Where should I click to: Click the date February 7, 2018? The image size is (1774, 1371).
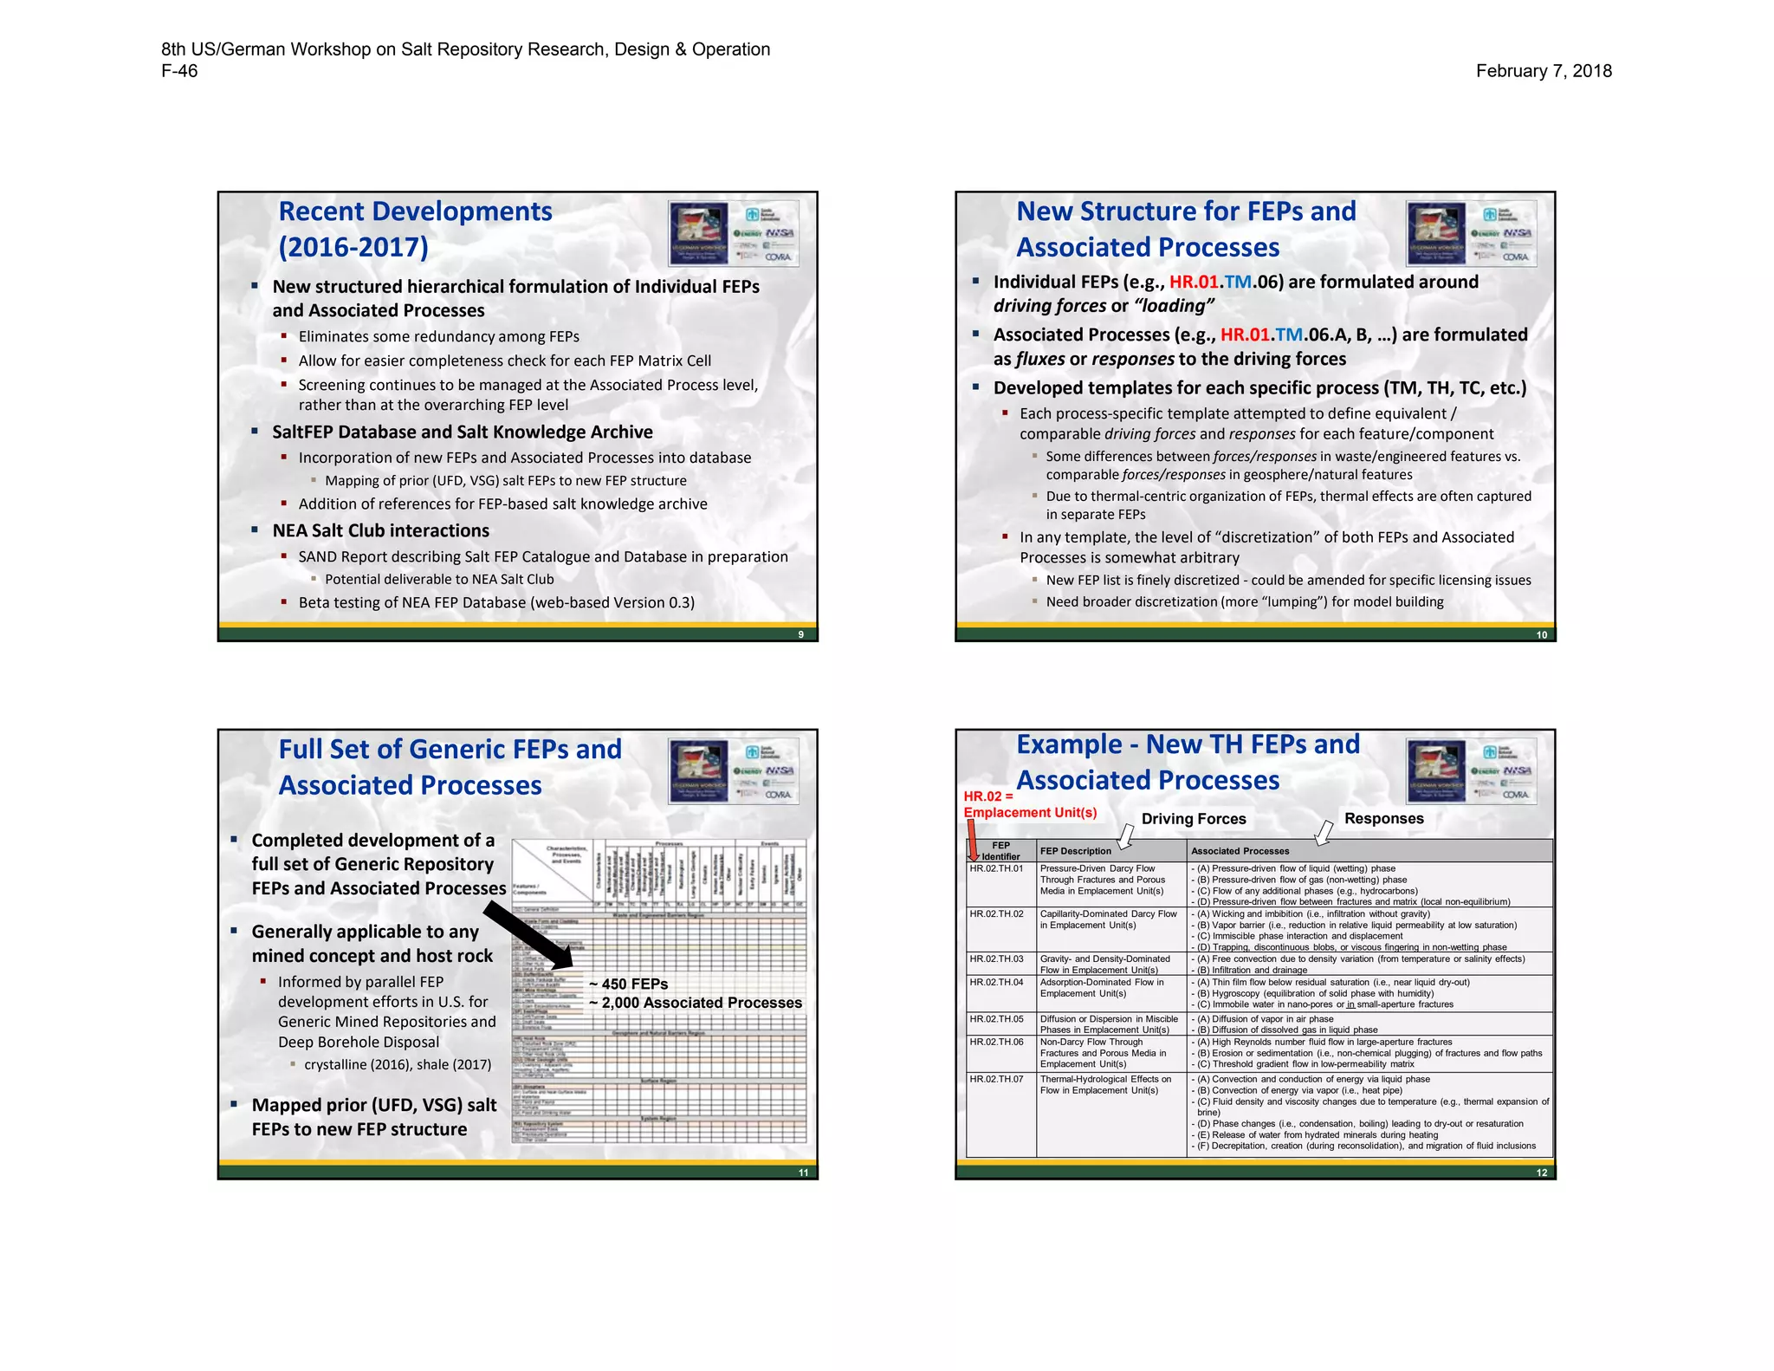click(1543, 71)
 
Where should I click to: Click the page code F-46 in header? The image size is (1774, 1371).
click(179, 71)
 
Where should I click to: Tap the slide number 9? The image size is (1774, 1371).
click(800, 634)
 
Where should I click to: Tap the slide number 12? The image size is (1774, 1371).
click(1541, 1173)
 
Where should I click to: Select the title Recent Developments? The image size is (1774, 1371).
click(415, 211)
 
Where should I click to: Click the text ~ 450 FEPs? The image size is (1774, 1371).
click(629, 984)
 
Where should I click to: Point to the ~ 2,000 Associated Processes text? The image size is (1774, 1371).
click(696, 1003)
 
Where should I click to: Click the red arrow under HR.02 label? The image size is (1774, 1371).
click(972, 840)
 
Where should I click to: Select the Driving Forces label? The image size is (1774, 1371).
click(1193, 819)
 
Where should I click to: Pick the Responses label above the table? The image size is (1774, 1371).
click(1383, 818)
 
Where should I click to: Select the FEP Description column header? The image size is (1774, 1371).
click(1075, 851)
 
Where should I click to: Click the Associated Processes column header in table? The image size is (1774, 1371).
click(1240, 851)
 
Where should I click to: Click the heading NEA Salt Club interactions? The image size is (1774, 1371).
click(380, 530)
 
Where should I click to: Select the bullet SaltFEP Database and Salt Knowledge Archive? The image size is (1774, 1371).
click(462, 432)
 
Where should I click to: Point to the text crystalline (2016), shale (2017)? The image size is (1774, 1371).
click(398, 1064)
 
